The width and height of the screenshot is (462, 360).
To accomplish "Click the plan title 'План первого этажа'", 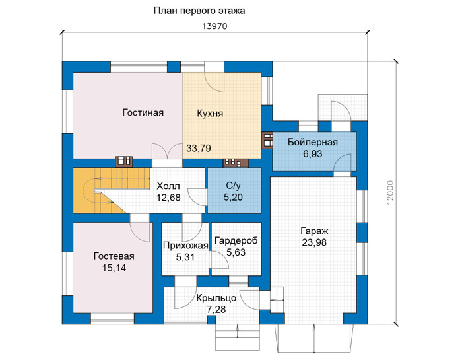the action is pyautogui.click(x=199, y=11).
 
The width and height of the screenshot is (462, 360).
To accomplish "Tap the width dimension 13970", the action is pyautogui.click(x=214, y=26).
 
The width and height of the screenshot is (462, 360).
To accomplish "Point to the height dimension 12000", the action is pyautogui.click(x=390, y=192).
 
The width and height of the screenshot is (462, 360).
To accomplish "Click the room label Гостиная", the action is pyautogui.click(x=143, y=113).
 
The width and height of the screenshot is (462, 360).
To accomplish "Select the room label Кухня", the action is pyautogui.click(x=210, y=114).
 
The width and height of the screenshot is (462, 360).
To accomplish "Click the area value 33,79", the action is pyautogui.click(x=199, y=148).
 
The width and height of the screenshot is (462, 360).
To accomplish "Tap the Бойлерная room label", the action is pyautogui.click(x=313, y=143).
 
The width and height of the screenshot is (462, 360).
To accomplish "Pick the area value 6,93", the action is pyautogui.click(x=313, y=154).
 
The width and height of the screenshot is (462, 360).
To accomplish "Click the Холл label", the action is pyautogui.click(x=168, y=186).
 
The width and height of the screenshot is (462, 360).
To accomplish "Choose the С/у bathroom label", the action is pyautogui.click(x=234, y=186).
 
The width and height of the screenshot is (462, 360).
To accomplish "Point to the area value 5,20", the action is pyautogui.click(x=233, y=197).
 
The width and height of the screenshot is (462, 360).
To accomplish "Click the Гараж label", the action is pyautogui.click(x=314, y=231).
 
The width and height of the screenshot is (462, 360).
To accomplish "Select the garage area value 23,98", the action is pyautogui.click(x=314, y=242).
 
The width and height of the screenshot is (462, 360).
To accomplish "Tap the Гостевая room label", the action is pyautogui.click(x=114, y=256).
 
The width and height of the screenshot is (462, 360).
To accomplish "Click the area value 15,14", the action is pyautogui.click(x=114, y=268).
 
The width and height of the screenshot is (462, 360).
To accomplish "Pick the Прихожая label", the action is pyautogui.click(x=185, y=246).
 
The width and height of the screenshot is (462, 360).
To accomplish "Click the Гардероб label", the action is pyautogui.click(x=236, y=241).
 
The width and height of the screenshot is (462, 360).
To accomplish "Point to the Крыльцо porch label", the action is pyautogui.click(x=216, y=298).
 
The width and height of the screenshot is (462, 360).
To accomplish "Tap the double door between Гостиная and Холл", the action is pyautogui.click(x=167, y=151).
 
